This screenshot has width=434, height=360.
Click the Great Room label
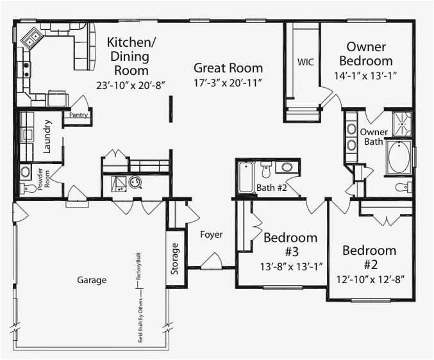(228, 68)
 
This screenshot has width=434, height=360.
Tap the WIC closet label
(303, 62)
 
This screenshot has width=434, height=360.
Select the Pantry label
(79, 115)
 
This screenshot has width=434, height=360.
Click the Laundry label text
(47, 136)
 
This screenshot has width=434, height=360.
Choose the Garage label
(92, 280)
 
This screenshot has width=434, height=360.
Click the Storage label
(175, 259)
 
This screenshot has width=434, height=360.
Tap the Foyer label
(211, 234)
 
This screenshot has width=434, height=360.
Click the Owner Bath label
(373, 136)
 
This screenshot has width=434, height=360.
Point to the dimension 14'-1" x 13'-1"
(365, 76)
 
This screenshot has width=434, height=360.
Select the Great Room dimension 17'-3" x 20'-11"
(228, 83)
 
